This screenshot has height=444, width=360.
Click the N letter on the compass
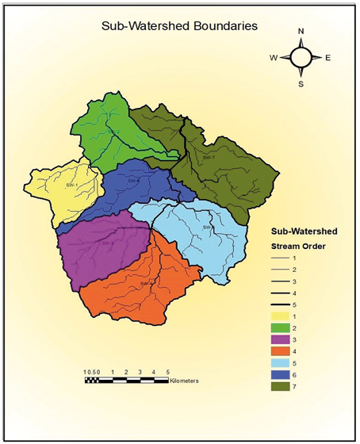click(x=301, y=32)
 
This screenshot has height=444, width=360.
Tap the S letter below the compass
click(x=301, y=82)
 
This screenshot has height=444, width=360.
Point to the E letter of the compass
click(x=328, y=57)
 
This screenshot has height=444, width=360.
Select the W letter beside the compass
click(x=274, y=57)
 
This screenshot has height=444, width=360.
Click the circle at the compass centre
click(x=301, y=57)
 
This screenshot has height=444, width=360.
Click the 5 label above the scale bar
click(x=167, y=371)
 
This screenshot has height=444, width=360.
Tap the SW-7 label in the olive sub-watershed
click(x=209, y=157)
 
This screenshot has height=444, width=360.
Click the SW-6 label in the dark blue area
click(x=132, y=181)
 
